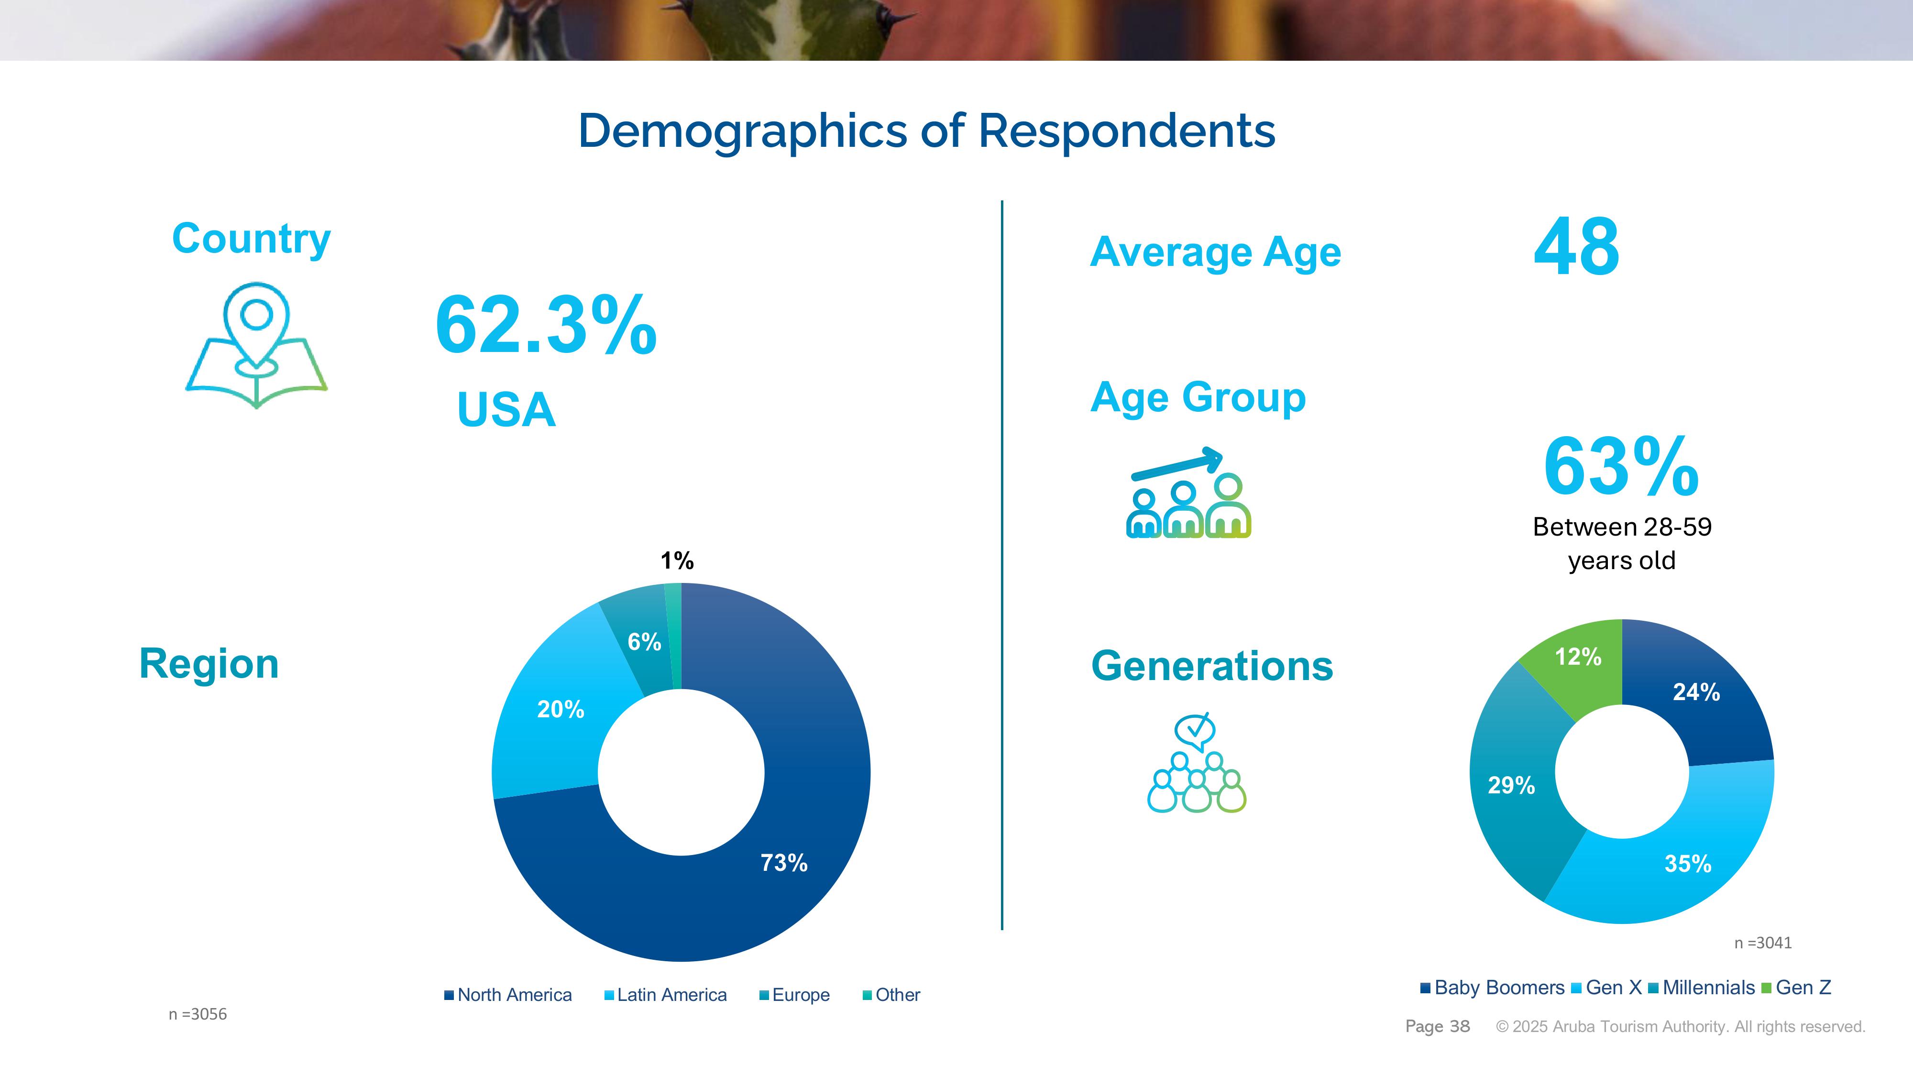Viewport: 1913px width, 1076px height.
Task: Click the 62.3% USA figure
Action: pyautogui.click(x=546, y=325)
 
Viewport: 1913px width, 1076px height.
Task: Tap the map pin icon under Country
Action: pyautogui.click(x=256, y=345)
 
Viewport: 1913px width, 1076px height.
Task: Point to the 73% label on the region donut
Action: pyautogui.click(x=783, y=862)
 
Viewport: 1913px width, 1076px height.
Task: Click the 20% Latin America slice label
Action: pyautogui.click(x=561, y=709)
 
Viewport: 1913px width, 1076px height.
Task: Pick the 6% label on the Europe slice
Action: pyautogui.click(x=644, y=642)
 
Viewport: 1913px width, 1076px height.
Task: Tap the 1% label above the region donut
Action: pyautogui.click(x=677, y=560)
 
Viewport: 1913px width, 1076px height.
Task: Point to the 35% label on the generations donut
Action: pyautogui.click(x=1687, y=864)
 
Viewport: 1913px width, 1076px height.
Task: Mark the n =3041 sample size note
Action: pyautogui.click(x=1762, y=943)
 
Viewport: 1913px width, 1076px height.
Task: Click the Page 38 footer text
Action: pyautogui.click(x=1437, y=1026)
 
